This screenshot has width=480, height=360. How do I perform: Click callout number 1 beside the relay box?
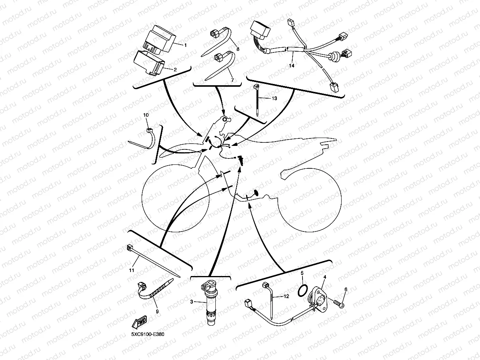pos(185,45)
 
